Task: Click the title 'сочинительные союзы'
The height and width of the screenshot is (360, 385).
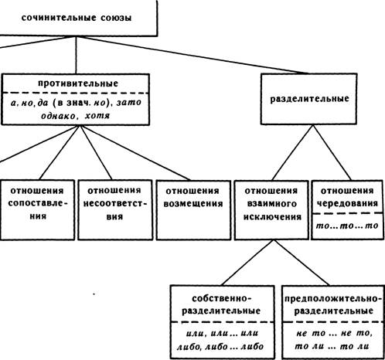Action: pos(77,18)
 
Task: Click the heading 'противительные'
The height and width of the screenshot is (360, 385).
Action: pos(78,83)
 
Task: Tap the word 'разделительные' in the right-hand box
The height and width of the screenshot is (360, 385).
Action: pos(309,99)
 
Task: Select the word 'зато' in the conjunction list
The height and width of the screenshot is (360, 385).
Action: pos(129,103)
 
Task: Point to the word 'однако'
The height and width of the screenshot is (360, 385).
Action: pos(59,116)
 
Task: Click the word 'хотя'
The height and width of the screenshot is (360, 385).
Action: pos(97,116)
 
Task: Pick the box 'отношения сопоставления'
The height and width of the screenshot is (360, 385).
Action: pos(37,210)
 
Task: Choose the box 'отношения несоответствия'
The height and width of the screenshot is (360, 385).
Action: pos(115,210)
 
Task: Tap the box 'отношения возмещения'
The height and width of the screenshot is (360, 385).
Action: pos(193,210)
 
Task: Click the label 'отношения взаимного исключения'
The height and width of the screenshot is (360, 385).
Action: pos(272,204)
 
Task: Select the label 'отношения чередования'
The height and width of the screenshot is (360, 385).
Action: pos(347,197)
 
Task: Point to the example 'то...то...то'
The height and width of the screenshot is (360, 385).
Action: pos(347,226)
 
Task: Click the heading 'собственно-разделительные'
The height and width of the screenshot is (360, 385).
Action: pos(221,304)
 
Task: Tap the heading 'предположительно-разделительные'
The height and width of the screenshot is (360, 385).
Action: pos(333,304)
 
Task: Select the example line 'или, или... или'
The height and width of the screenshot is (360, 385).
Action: pos(222,333)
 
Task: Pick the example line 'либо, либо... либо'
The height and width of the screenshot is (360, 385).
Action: pos(220,347)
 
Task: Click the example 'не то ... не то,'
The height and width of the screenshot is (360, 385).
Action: pos(334,333)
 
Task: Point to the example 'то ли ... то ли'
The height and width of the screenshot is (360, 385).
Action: pos(332,347)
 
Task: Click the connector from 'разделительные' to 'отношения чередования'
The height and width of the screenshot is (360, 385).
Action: pos(332,152)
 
